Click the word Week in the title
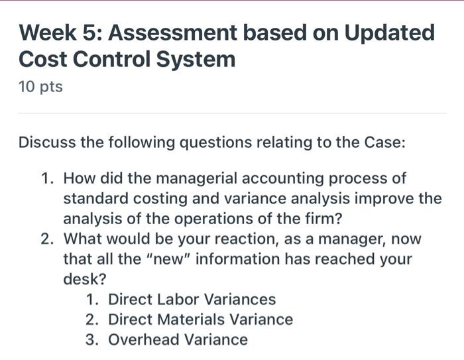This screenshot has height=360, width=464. [x=49, y=32]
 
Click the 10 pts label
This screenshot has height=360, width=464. [x=41, y=87]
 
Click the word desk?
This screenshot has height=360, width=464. [x=81, y=279]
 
